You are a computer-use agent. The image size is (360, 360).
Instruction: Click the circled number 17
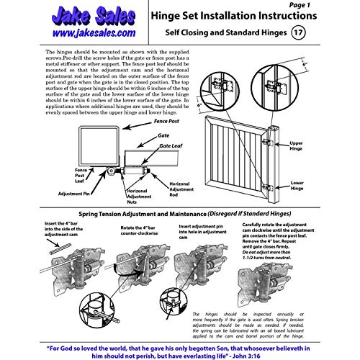(299, 32)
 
